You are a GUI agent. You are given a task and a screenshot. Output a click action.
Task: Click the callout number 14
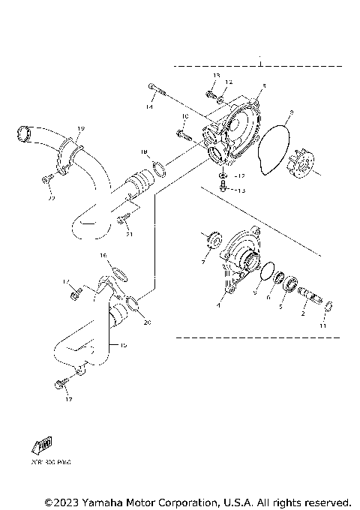pos(150,108)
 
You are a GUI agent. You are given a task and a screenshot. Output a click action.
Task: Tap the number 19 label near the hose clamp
pos(81,129)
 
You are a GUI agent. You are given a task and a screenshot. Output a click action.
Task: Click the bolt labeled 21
pos(124,221)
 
